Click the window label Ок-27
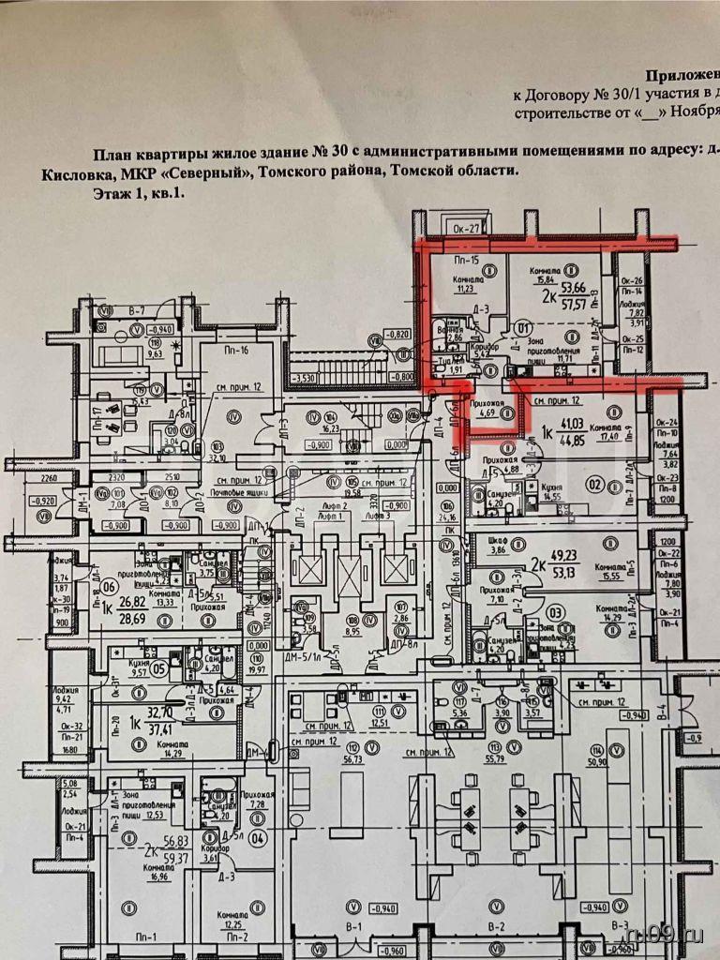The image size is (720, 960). point(466,226)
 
